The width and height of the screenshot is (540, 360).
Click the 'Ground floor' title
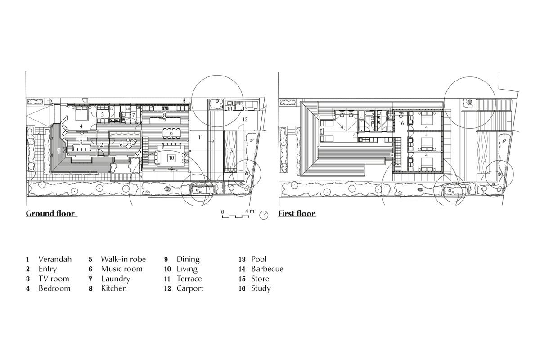[x=51, y=213]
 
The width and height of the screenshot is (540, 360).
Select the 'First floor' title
[x=297, y=213]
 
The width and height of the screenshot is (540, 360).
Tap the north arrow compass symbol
[x=265, y=215]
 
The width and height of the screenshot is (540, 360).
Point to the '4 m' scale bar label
[x=250, y=211]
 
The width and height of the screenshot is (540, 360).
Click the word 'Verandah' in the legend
[x=55, y=259]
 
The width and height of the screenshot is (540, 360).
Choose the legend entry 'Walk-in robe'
[x=122, y=259]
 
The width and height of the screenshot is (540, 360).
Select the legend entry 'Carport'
[x=190, y=288]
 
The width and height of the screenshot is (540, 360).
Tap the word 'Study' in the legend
[x=261, y=288]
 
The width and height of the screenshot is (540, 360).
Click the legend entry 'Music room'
[x=121, y=269]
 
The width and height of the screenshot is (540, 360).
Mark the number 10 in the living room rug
[x=171, y=158]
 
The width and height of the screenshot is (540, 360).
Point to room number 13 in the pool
[x=230, y=150]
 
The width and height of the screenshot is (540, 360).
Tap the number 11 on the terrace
[x=201, y=136]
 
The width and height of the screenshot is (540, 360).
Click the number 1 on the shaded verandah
[x=59, y=150]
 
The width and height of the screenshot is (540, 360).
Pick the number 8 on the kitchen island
[x=165, y=116]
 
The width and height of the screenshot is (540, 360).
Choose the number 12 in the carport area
[x=244, y=120]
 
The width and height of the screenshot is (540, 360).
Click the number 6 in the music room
[x=121, y=145]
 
